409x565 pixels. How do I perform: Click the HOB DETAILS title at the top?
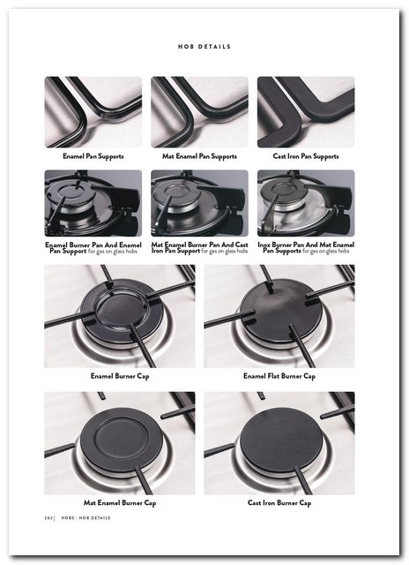[x=204, y=47]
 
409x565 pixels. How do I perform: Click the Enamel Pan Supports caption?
[x=93, y=156]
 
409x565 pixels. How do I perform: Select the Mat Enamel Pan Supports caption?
[x=199, y=156]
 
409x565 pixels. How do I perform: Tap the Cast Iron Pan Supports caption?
[x=306, y=156]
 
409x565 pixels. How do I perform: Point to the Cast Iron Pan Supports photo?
[x=306, y=112]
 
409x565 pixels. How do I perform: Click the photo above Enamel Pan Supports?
[x=93, y=112]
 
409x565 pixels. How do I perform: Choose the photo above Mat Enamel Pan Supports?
[x=199, y=112]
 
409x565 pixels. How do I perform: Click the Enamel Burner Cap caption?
[x=120, y=376]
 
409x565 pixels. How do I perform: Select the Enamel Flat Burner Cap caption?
[x=279, y=376]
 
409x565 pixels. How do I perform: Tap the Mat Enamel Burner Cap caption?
[x=120, y=502]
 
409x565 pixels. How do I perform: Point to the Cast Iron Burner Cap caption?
[x=279, y=502]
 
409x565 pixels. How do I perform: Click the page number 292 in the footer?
[x=48, y=518]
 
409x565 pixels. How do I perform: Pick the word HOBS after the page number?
[x=68, y=518]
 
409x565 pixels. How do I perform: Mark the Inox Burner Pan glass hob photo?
[x=306, y=203]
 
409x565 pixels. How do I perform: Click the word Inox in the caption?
[x=264, y=245]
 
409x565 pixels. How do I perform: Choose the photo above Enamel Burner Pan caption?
[x=93, y=203]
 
